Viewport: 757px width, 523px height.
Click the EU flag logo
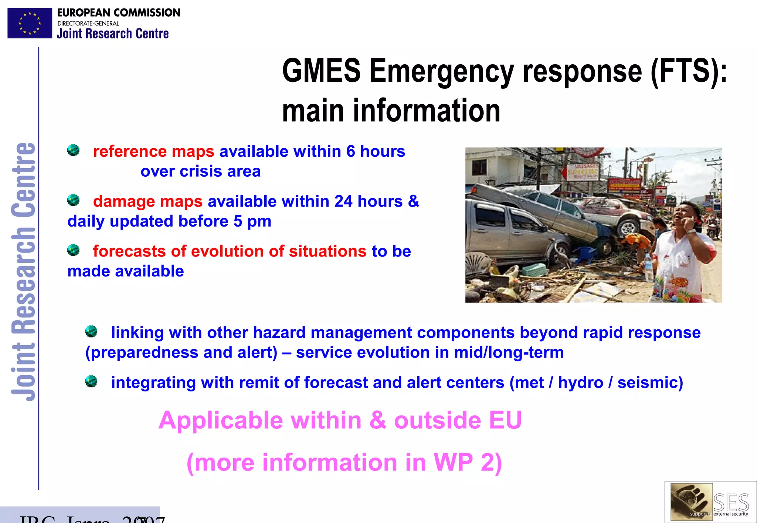(30, 23)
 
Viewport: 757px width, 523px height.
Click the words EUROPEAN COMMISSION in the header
(118, 13)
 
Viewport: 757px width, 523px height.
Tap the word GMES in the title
(321, 71)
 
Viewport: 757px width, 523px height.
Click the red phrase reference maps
(153, 152)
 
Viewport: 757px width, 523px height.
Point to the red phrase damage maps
(147, 201)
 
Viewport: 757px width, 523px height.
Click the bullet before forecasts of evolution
(73, 250)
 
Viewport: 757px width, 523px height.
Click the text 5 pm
(252, 221)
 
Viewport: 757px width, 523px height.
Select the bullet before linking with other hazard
(91, 332)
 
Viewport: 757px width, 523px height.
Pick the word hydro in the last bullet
(580, 383)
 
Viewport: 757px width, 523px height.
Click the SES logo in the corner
(710, 502)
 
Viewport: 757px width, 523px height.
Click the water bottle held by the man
(648, 267)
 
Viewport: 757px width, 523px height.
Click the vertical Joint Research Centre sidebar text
(23, 272)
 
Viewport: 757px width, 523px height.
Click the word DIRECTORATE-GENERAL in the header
(88, 23)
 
